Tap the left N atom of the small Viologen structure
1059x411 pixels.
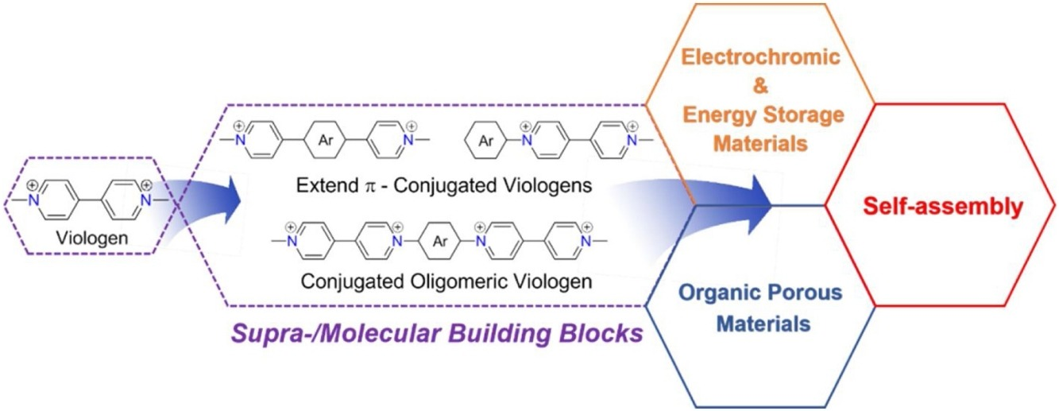[x=33, y=202]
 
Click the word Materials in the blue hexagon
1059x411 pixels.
[x=761, y=324]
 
